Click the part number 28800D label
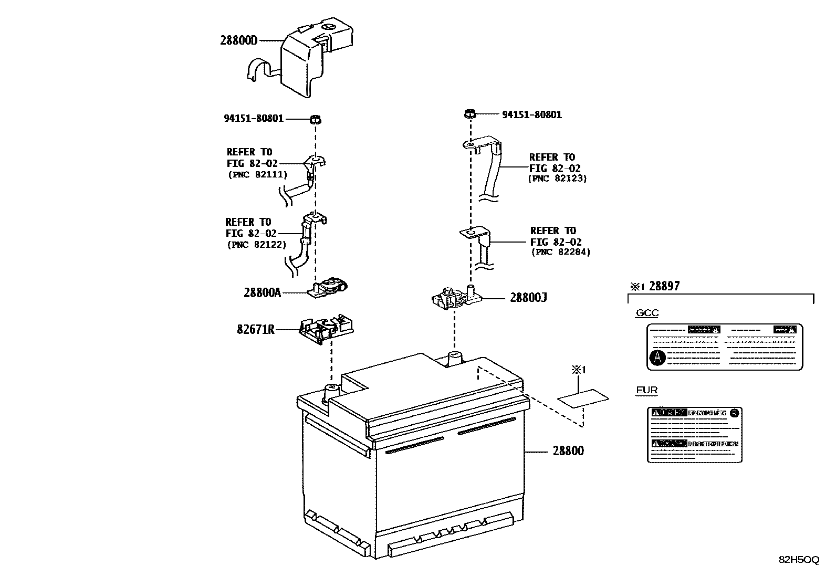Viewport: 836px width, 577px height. (238, 40)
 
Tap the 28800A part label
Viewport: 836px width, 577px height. (262, 292)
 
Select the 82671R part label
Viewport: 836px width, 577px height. (255, 330)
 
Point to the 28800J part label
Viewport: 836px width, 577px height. (528, 298)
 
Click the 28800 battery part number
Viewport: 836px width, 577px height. (567, 451)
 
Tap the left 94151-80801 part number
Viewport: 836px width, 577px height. (254, 119)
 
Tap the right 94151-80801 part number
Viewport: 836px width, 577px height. (531, 114)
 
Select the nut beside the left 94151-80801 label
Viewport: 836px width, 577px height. (315, 119)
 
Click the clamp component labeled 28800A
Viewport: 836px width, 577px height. (329, 288)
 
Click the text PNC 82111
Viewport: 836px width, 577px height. (257, 175)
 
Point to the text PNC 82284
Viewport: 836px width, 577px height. (560, 253)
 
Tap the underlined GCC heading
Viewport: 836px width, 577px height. (647, 313)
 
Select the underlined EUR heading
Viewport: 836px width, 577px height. (646, 391)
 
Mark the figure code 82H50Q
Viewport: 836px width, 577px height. (798, 560)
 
